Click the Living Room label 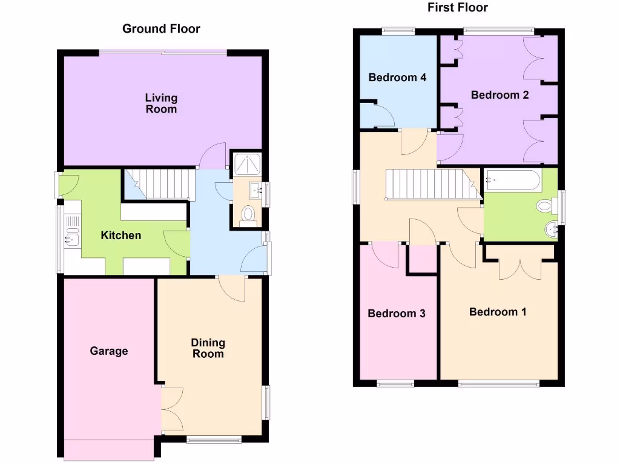tap(161, 104)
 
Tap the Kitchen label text tap(121, 236)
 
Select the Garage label tap(109, 351)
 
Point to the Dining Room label tap(208, 348)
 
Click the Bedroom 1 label tap(498, 312)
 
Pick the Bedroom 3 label tap(397, 314)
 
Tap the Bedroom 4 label tap(397, 77)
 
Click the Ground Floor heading tap(161, 28)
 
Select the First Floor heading tap(458, 8)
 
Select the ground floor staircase tap(160, 184)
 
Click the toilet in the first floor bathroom tap(545, 206)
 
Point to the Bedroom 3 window tap(395, 383)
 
